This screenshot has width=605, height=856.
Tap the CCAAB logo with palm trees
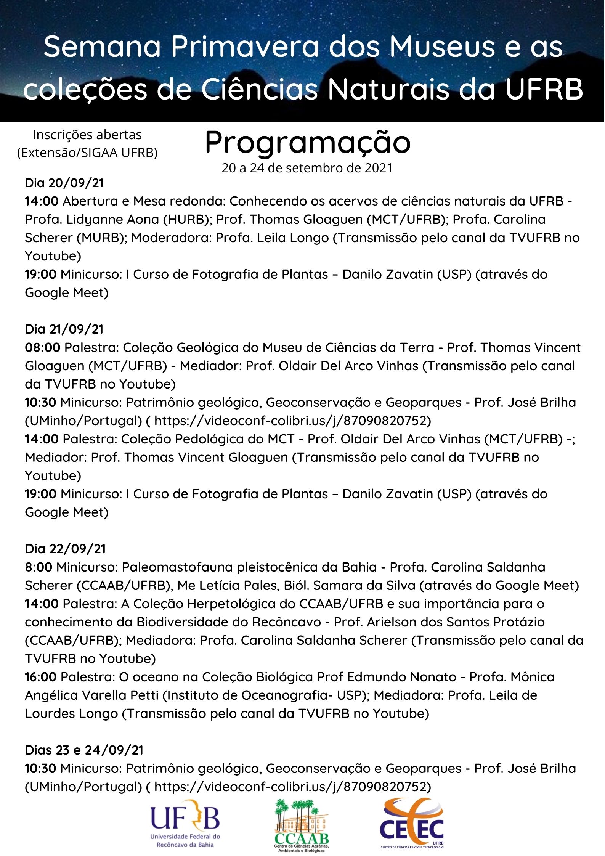pos(302,825)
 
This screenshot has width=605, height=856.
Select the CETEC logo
pos(412,824)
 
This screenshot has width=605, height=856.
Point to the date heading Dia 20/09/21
pos(64,183)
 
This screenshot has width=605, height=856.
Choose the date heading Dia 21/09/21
pos(64,329)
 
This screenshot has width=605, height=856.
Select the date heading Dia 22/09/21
pos(65,549)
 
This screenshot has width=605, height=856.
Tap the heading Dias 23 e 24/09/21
pos(84,750)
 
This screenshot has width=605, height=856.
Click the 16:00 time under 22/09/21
pos(40,677)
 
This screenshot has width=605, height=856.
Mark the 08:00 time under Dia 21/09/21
pos(42,348)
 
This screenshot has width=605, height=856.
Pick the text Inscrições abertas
pos(87,135)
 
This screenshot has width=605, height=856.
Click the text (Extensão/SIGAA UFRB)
pos(87,153)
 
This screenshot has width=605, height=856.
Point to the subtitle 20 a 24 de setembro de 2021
pos(307,168)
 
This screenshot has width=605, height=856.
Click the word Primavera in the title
pos(244,47)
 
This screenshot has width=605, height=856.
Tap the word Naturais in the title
pos(389,90)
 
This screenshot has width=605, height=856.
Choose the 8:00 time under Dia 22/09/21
pos(39,567)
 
